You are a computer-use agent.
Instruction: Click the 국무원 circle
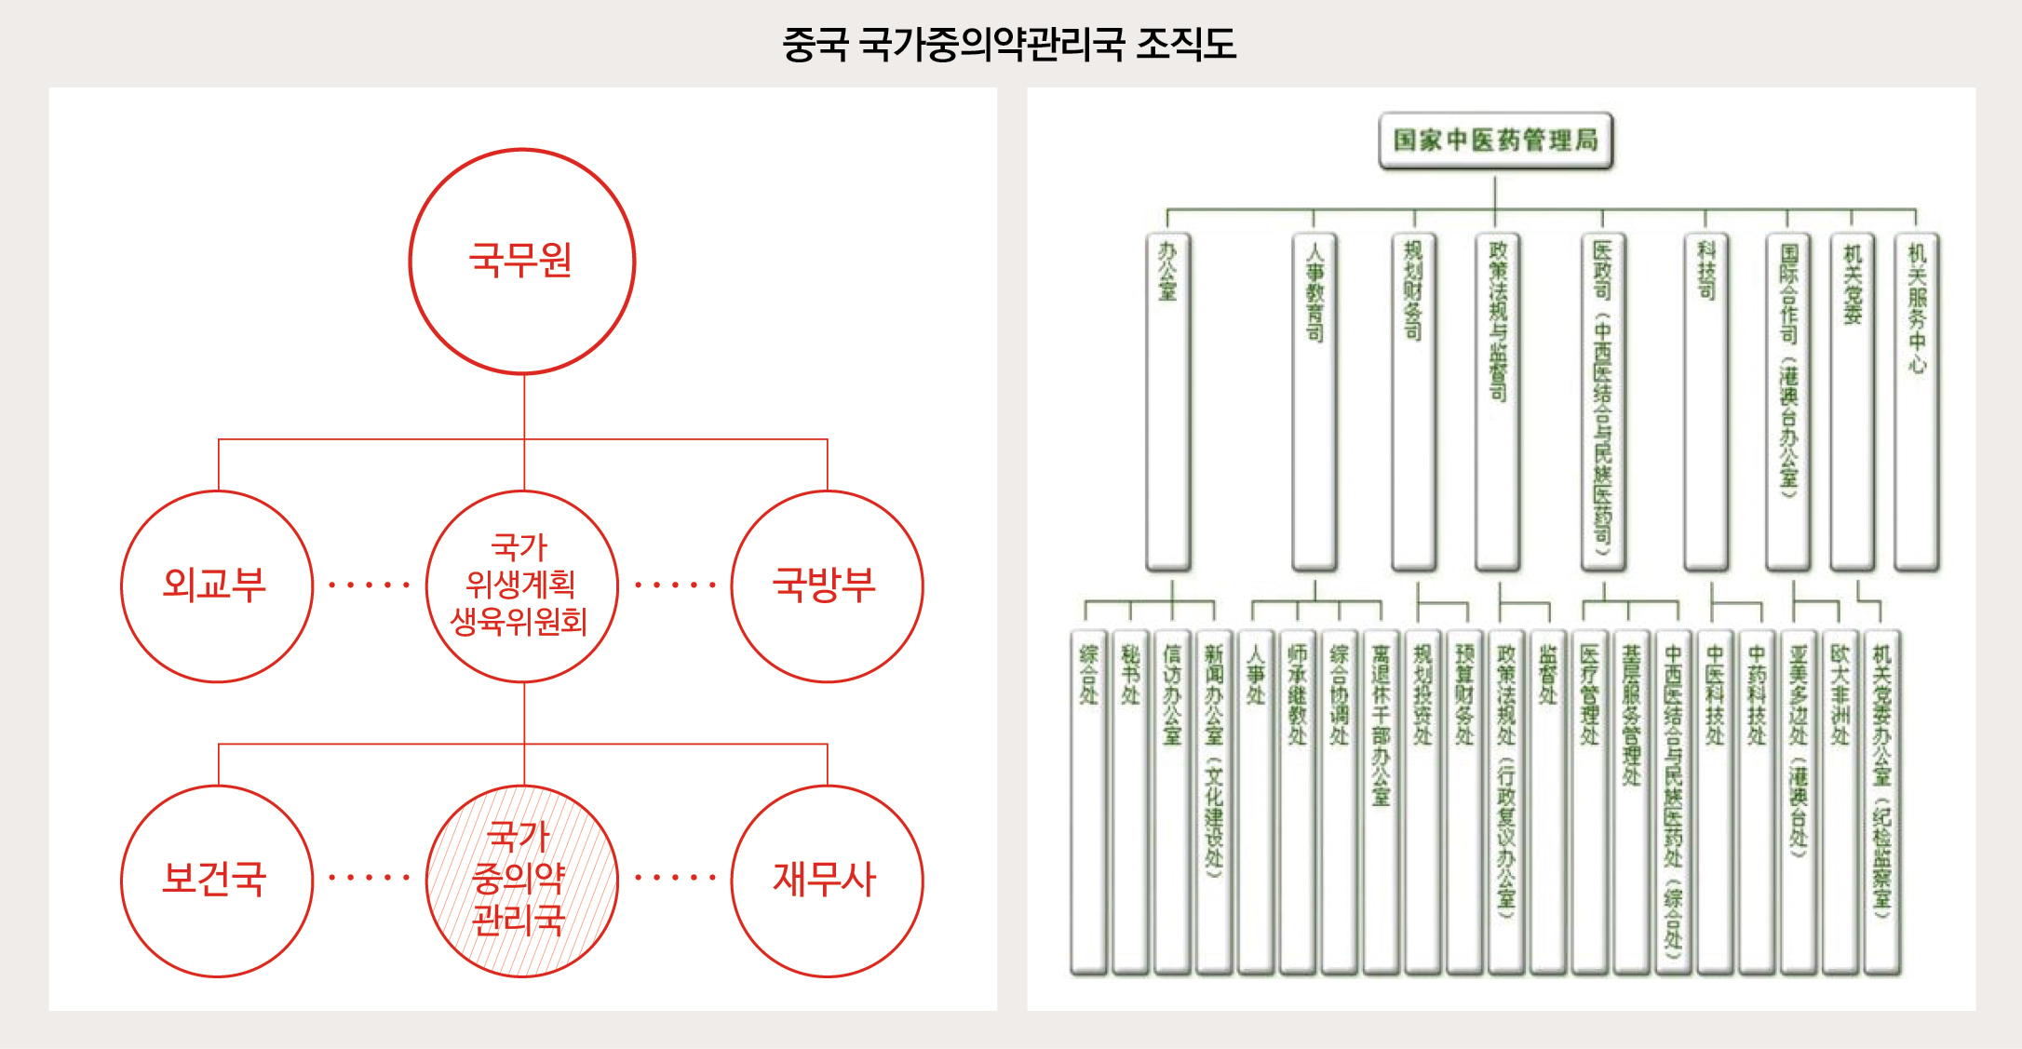click(x=522, y=262)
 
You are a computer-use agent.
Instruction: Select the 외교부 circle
click(x=217, y=586)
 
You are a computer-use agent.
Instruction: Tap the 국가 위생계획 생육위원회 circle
click(x=522, y=586)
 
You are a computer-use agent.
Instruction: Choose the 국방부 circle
click(x=827, y=586)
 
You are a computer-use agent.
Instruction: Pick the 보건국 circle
click(x=217, y=881)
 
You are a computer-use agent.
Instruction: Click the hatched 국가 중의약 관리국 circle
click(x=522, y=881)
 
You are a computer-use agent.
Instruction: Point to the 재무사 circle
click(x=827, y=881)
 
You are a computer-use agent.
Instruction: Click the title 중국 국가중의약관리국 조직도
click(x=1009, y=44)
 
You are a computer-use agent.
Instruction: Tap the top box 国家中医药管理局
click(x=1495, y=141)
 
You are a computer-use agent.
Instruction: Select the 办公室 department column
click(x=1168, y=400)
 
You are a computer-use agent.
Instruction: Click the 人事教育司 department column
click(x=1314, y=400)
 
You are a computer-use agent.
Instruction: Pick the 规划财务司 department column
click(x=1413, y=400)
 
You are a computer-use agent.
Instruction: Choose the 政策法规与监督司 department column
click(x=1497, y=400)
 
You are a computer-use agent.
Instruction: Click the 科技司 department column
click(x=1705, y=400)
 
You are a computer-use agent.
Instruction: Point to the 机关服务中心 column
click(x=1916, y=400)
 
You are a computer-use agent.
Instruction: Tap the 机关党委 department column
click(x=1852, y=400)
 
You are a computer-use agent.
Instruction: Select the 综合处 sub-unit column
click(x=1088, y=800)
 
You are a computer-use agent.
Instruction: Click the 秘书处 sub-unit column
click(x=1130, y=800)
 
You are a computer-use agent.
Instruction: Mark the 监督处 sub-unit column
click(x=1547, y=800)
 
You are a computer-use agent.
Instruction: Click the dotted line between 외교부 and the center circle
click(x=370, y=585)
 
